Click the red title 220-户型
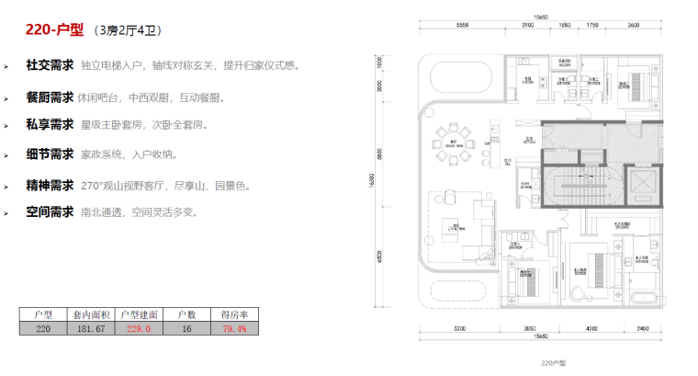click(54, 30)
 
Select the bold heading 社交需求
click(50, 66)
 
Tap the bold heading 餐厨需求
click(50, 97)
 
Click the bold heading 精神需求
click(50, 185)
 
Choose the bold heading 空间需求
click(50, 212)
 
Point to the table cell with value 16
click(186, 327)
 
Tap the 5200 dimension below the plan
click(459, 328)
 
